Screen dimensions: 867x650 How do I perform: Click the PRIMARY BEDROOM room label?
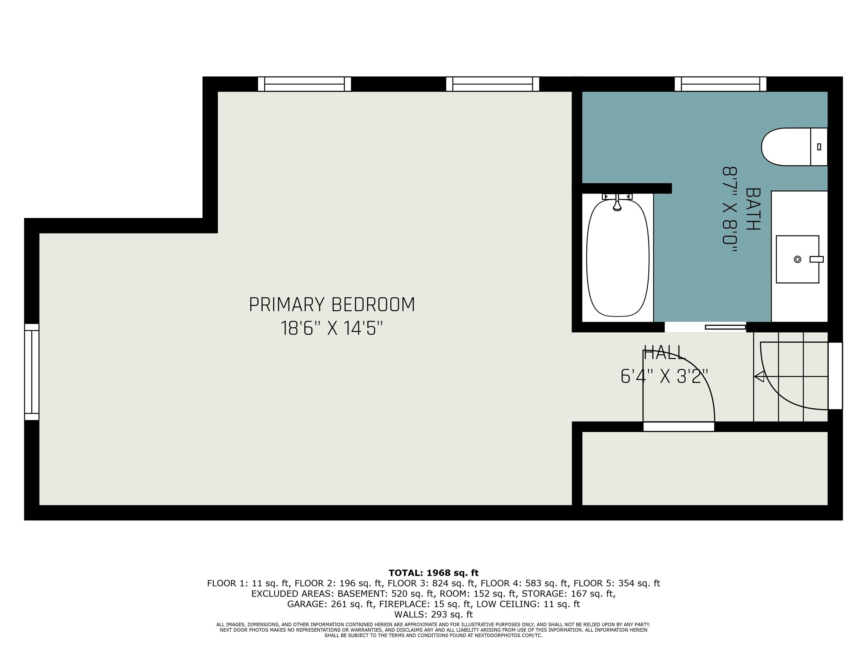[x=332, y=304]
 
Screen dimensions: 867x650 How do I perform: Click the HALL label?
[x=665, y=353]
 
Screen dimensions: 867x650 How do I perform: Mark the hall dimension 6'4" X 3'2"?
[x=665, y=377]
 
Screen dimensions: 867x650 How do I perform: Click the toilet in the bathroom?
[x=794, y=147]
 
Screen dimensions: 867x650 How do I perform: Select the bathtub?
[x=618, y=258]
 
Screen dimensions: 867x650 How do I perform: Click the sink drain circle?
[x=797, y=259]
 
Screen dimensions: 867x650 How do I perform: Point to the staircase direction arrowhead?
[x=759, y=377]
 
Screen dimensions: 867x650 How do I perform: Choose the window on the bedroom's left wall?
[x=32, y=372]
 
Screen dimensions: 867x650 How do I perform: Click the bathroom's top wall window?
[x=721, y=84]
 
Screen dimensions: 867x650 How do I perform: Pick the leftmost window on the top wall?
[x=304, y=84]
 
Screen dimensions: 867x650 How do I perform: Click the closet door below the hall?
[x=679, y=426]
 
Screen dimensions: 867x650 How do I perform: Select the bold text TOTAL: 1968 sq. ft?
[x=433, y=573]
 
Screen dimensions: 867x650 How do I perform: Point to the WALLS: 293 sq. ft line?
[x=433, y=614]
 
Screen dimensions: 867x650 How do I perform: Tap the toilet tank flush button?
[x=819, y=147]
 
